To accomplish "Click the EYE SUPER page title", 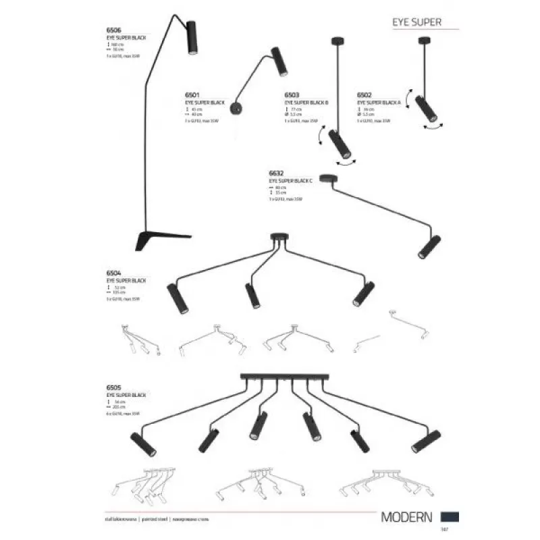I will click(416, 22).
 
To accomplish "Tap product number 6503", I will click(293, 96).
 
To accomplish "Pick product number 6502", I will click(364, 96).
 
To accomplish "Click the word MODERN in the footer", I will click(406, 518).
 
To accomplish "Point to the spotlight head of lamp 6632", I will click(428, 246).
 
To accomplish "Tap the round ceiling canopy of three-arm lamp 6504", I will click(278, 237).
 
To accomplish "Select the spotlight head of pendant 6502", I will click(425, 109).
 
